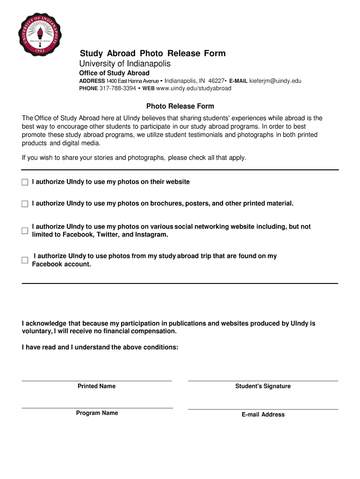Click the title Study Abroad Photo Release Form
[x=152, y=53]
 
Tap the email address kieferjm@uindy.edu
[x=275, y=81]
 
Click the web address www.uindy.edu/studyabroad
[x=194, y=88]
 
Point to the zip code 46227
[x=216, y=81]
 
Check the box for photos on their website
[x=25, y=182]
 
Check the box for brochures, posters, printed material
[x=25, y=204]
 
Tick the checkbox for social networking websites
[x=25, y=231]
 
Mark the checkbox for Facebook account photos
[x=25, y=260]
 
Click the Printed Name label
[x=96, y=386]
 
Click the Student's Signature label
[x=263, y=386]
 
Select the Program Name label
[x=97, y=413]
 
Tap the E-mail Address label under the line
[x=263, y=414]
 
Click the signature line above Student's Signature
[x=263, y=381]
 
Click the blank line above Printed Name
[x=96, y=381]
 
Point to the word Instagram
[x=151, y=235]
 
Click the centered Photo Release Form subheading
[x=180, y=106]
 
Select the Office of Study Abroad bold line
[x=114, y=73]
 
